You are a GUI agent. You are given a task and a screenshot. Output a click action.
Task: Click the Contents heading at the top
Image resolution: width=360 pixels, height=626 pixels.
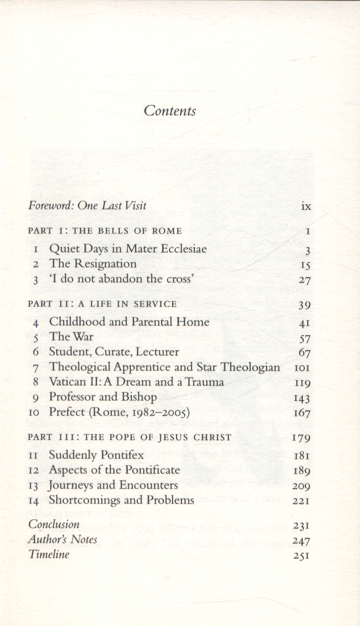(x=170, y=110)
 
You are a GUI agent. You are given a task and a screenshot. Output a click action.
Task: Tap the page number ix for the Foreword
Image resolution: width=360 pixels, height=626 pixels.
(x=306, y=206)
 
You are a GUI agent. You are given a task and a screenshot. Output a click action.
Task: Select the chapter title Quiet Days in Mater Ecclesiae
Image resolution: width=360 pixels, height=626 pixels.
(x=127, y=249)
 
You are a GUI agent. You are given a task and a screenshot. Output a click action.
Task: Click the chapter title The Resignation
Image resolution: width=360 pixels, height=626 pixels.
(x=92, y=264)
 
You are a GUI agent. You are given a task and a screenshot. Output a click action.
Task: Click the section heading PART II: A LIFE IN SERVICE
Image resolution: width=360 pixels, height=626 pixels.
(x=102, y=304)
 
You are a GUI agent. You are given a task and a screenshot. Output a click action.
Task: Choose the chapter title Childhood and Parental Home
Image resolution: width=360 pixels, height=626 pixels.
(x=129, y=322)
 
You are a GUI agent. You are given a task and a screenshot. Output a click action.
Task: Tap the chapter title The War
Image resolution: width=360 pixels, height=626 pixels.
(x=71, y=337)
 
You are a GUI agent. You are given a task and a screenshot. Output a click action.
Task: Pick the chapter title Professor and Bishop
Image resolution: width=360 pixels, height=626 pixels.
(x=103, y=397)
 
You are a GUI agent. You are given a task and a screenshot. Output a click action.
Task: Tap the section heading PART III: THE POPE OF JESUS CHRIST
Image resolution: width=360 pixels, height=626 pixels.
(x=130, y=437)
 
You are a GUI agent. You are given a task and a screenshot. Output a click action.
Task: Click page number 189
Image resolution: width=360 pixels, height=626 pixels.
(x=301, y=470)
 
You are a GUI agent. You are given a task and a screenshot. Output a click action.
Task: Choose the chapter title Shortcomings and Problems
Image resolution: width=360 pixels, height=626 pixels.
(x=121, y=500)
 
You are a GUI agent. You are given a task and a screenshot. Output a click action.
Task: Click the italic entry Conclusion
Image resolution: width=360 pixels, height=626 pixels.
(x=54, y=524)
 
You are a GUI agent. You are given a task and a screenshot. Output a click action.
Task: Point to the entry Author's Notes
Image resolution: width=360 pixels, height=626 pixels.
(x=63, y=539)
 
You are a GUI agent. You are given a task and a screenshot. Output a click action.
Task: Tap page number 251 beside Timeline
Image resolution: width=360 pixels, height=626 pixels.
(x=301, y=555)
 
